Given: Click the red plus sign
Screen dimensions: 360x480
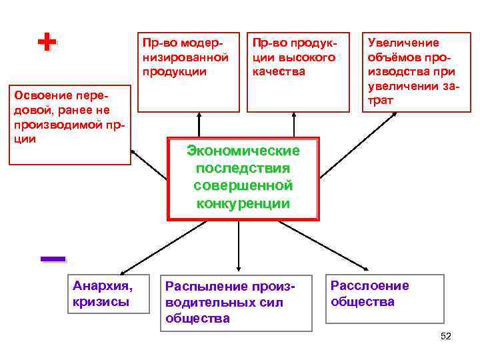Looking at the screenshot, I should [x=45, y=43].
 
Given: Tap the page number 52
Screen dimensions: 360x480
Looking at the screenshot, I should [x=446, y=337].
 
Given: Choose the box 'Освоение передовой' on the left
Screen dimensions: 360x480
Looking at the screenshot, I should [x=70, y=123].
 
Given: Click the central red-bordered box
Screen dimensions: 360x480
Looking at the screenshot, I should [x=243, y=178].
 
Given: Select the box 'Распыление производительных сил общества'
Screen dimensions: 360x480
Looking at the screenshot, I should [x=238, y=302].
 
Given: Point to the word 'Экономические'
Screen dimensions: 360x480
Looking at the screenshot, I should [x=243, y=151].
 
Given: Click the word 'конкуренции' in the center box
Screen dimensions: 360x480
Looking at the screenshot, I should [x=243, y=203].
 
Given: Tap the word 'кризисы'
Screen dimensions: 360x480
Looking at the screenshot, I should [x=101, y=302].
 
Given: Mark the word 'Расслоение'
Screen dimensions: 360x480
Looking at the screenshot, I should [x=370, y=286].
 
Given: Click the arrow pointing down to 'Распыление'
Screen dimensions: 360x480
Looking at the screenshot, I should [x=238, y=247].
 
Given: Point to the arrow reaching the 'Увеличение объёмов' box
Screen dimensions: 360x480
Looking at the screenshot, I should [x=360, y=143].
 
